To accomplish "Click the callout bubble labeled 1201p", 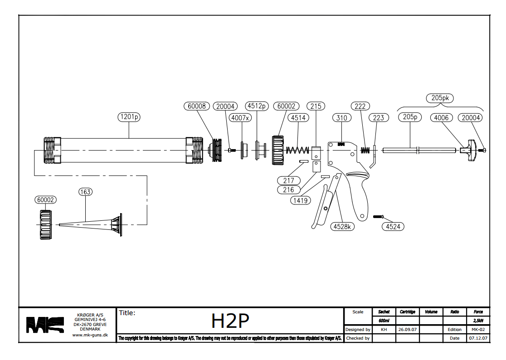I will [x=129, y=117].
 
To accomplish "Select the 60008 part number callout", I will [x=196, y=106].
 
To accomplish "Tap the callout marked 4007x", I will [x=240, y=118].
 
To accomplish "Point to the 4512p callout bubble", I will [x=257, y=106].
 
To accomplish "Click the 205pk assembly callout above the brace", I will [x=440, y=97].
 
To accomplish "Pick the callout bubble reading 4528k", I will [x=343, y=226].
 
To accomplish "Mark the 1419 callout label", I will [x=301, y=199].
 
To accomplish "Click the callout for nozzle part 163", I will [x=85, y=192].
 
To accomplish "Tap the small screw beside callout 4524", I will [x=379, y=216].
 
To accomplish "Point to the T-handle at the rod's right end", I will [x=470, y=150].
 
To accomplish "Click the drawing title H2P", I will [x=230, y=321].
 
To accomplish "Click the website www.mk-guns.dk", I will [x=90, y=336].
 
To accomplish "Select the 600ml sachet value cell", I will [x=384, y=321].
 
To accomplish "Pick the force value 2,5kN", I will [x=478, y=321].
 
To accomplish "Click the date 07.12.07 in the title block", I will [x=478, y=338].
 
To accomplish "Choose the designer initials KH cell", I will [x=384, y=330].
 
